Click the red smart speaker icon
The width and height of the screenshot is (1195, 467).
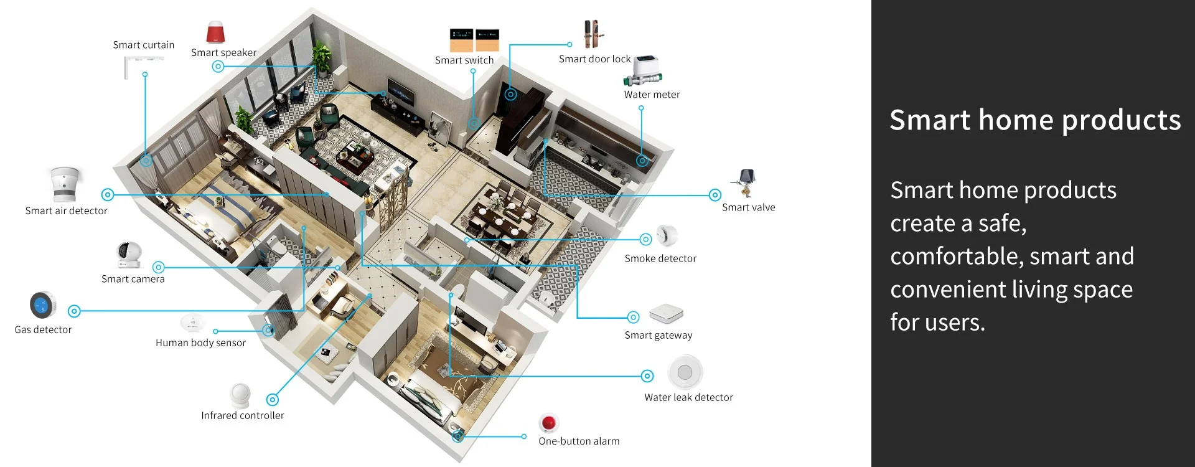[x=215, y=32]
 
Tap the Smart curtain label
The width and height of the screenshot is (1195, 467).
[x=144, y=45]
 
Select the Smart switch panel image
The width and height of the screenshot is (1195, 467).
[x=474, y=40]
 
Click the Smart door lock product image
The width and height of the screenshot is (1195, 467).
[x=593, y=34]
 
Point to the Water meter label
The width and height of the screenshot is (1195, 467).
[x=652, y=95]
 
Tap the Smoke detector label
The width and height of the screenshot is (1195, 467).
[x=660, y=258]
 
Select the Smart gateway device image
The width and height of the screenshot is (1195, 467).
[x=666, y=314]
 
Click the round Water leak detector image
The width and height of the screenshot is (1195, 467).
[x=685, y=372]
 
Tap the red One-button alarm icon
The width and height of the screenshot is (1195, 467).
[x=548, y=423]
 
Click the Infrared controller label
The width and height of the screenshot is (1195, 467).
[x=243, y=415]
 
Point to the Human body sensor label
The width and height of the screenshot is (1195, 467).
[x=200, y=342]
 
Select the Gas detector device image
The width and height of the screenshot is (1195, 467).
[x=42, y=305]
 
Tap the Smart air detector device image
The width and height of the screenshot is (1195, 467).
[x=65, y=184]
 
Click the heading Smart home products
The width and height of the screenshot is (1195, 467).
[x=1035, y=120]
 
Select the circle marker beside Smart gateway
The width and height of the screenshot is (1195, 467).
[x=633, y=318]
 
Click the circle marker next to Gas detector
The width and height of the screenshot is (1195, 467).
[x=74, y=311]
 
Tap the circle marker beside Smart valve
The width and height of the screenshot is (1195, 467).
[x=715, y=195]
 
